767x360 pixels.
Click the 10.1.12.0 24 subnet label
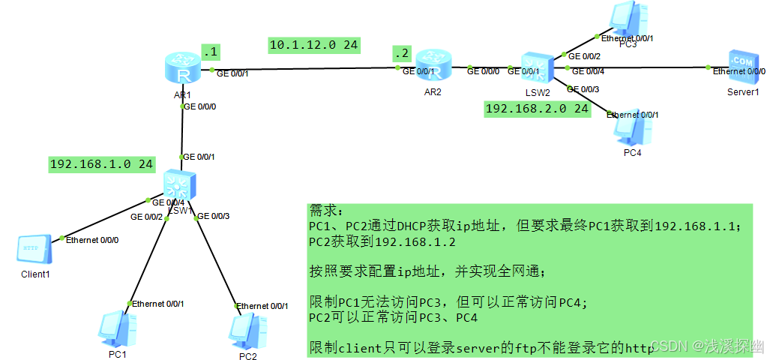(x=314, y=46)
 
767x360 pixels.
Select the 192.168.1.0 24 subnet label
(x=101, y=164)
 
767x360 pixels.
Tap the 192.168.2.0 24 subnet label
(x=537, y=109)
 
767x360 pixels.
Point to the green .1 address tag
(x=210, y=52)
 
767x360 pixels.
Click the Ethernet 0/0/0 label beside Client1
(x=92, y=241)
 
